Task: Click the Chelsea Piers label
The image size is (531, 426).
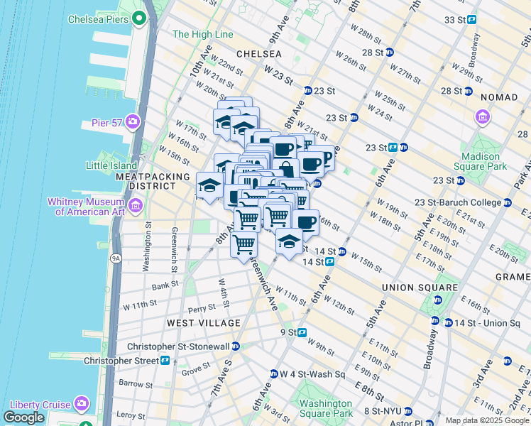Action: tap(98, 19)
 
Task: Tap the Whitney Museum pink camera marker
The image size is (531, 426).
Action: tap(136, 207)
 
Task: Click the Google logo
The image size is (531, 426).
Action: tap(23, 417)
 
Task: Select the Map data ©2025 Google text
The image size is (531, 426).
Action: tap(487, 420)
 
